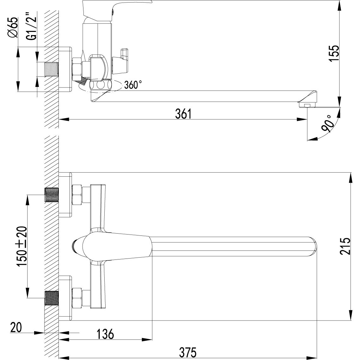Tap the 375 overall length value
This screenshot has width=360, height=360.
tap(188, 352)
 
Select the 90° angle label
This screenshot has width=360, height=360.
tap(328, 124)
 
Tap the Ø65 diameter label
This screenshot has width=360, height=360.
tap(13, 28)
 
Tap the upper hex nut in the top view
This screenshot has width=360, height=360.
tap(77, 195)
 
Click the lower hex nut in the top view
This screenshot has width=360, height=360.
tap(77, 298)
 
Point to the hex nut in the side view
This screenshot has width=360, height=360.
tap(77, 70)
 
